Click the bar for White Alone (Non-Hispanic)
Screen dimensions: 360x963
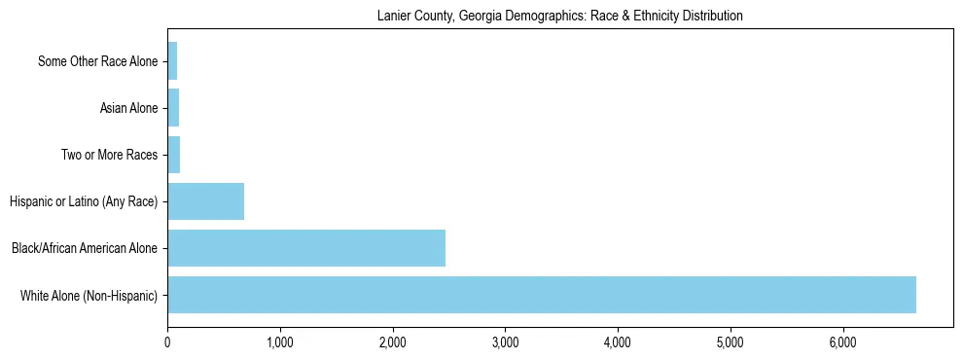click(x=541, y=295)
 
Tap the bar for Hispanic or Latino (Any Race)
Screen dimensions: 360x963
click(x=205, y=201)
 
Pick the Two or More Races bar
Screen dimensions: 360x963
click(x=174, y=155)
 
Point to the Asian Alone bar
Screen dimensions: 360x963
click(x=173, y=108)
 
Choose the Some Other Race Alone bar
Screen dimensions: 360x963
click(x=172, y=61)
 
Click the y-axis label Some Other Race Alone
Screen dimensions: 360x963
click(x=97, y=61)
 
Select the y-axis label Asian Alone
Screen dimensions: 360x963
click(x=128, y=108)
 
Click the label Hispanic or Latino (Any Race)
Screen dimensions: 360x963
click(x=83, y=201)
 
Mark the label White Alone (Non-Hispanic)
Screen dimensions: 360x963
click(x=89, y=295)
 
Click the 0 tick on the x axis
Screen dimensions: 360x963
click(x=167, y=342)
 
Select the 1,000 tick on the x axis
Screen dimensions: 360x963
click(x=280, y=342)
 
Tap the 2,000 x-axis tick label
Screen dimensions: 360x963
click(x=392, y=342)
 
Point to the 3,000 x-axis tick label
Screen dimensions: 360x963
click(x=505, y=342)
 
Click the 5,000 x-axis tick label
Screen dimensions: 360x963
click(x=730, y=342)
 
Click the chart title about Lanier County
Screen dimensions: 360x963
click(x=559, y=16)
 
